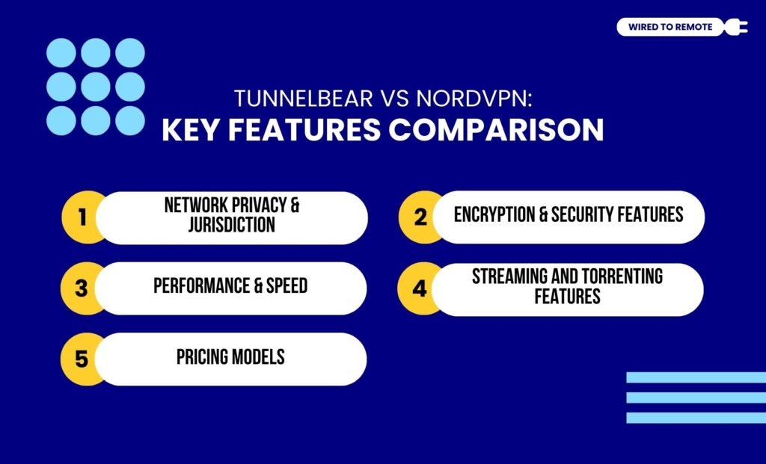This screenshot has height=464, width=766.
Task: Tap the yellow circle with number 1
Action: pyautogui.click(x=82, y=217)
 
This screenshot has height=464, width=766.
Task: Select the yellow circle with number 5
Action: pyautogui.click(x=82, y=359)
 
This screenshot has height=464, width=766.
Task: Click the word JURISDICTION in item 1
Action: pyautogui.click(x=231, y=224)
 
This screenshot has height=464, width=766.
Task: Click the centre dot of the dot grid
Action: pyautogui.click(x=96, y=87)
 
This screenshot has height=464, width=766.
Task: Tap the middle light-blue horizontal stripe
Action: pyautogui.click(x=696, y=398)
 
